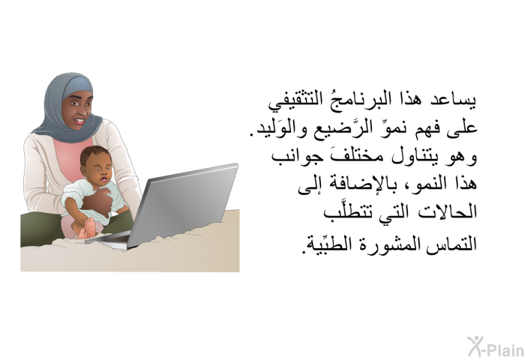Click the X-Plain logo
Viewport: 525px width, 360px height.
[x=496, y=347]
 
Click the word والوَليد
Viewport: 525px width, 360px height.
[x=277, y=128]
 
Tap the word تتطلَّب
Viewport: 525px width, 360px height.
[x=348, y=212]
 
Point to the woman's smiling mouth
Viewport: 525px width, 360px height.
[x=80, y=120]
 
